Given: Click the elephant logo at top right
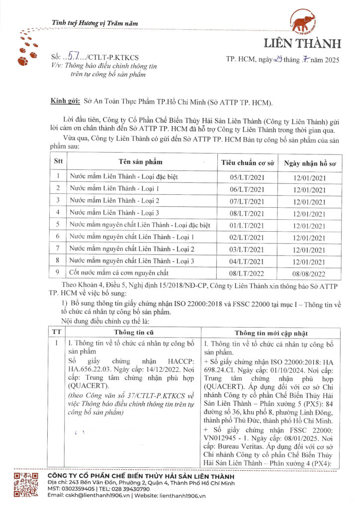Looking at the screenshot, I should [305, 23].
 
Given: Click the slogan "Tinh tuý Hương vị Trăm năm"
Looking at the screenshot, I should [95, 23].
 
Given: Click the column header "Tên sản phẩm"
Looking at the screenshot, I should [140, 162].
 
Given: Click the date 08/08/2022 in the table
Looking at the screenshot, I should [309, 273].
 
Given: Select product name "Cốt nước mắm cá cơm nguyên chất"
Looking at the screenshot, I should [119, 273].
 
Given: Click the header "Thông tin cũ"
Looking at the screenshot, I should [132, 333].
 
